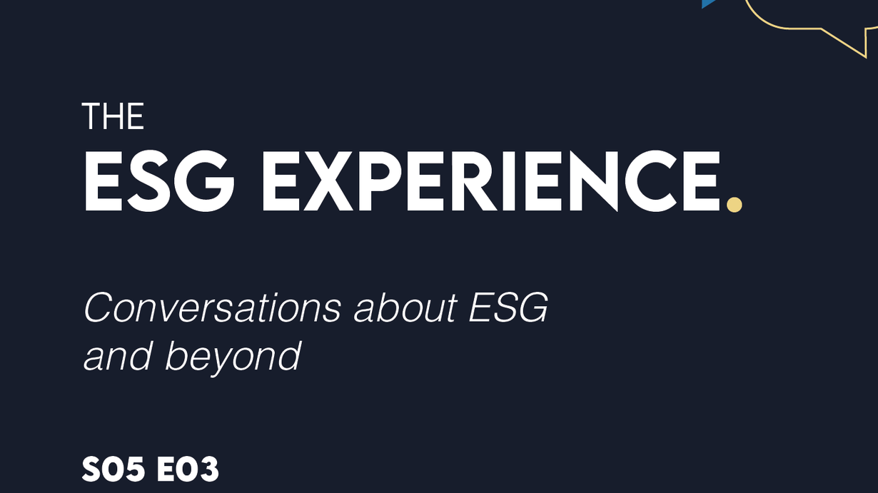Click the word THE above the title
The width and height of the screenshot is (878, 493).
tap(113, 116)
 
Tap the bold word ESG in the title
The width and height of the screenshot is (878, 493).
tap(159, 182)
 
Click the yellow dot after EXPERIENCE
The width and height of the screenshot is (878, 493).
tap(734, 205)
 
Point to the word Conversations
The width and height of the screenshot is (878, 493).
tap(213, 308)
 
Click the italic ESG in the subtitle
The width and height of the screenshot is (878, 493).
tap(508, 308)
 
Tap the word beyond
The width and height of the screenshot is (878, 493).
tap(233, 357)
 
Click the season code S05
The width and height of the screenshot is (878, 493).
tap(113, 469)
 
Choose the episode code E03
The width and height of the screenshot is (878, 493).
tap(187, 469)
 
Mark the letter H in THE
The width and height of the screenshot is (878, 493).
tap(111, 116)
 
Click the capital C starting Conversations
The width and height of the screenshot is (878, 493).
tap(99, 308)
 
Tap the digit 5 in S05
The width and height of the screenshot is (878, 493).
tap(133, 469)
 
